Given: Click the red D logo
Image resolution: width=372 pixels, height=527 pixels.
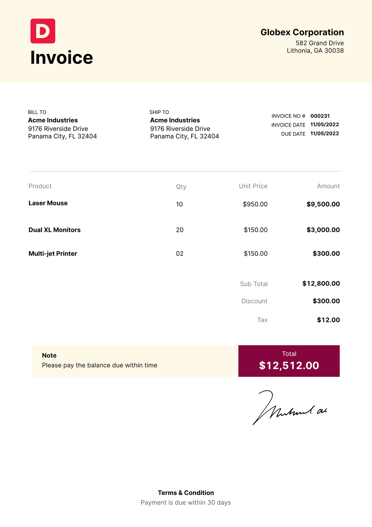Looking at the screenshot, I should [43, 31].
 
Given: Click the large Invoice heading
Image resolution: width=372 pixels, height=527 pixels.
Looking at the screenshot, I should [62, 57].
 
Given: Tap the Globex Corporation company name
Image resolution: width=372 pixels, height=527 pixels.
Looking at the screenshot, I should [302, 32].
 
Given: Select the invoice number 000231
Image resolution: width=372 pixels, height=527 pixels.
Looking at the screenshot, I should [320, 116].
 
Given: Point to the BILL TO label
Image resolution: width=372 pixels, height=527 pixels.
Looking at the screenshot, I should [37, 112].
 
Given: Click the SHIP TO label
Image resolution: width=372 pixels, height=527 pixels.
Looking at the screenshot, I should [159, 112].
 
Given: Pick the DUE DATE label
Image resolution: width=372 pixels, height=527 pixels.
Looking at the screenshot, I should [293, 134].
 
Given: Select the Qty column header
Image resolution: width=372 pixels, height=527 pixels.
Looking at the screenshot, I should [181, 187].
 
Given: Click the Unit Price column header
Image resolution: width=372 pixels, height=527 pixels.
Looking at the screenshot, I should [253, 186].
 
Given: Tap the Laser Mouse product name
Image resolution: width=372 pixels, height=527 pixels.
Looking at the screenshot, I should [48, 203].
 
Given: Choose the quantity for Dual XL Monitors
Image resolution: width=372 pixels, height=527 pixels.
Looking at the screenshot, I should [180, 230].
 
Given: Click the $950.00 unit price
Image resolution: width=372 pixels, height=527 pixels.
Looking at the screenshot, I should [255, 204].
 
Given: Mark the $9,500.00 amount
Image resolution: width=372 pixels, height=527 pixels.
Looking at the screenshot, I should [323, 204].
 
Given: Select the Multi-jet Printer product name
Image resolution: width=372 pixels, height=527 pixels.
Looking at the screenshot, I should [53, 253].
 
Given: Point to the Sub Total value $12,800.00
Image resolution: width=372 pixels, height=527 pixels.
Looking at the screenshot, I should [321, 284].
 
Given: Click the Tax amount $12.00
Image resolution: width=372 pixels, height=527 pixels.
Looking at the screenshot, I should [328, 320].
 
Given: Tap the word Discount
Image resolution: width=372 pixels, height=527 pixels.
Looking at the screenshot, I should [254, 301].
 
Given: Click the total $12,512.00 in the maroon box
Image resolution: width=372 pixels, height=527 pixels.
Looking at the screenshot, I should [289, 365].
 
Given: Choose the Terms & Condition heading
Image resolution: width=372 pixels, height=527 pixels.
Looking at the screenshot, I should [186, 493].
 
